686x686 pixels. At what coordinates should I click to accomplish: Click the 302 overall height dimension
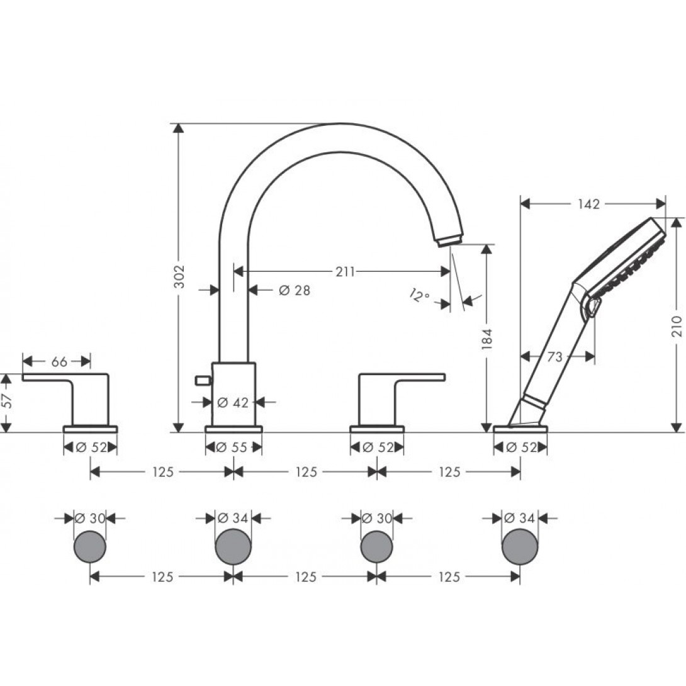[179, 276]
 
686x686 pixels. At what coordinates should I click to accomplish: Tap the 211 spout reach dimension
[345, 272]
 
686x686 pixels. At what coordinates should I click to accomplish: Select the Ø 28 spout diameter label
[295, 290]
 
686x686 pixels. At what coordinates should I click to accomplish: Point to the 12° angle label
[420, 296]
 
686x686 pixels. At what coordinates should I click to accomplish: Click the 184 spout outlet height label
[487, 339]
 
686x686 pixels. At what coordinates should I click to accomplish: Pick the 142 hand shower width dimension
[589, 204]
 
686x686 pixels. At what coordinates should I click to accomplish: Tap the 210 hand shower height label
[677, 326]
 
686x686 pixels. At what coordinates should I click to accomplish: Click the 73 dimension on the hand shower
[554, 357]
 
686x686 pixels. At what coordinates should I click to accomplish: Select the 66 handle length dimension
[60, 362]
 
